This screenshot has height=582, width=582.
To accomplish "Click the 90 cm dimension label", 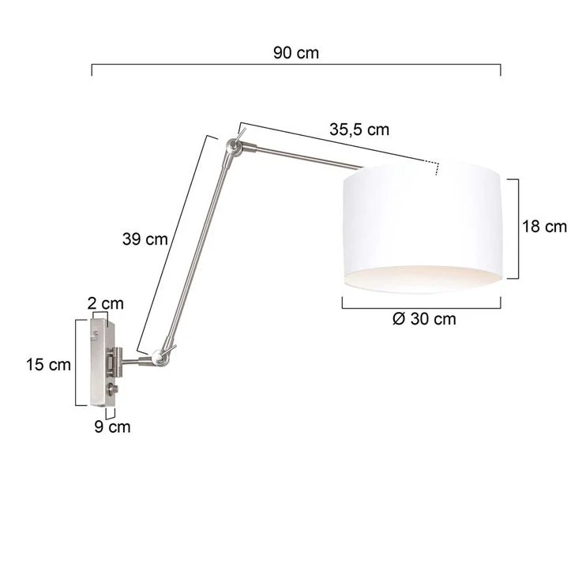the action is (296, 53).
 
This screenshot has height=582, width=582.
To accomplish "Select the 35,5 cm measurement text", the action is (359, 130).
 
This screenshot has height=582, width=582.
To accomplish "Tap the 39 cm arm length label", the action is (145, 239).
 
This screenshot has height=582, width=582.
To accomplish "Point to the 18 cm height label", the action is (545, 227).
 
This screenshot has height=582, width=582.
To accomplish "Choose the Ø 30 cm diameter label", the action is (424, 319).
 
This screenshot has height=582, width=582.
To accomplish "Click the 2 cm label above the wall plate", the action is (105, 303).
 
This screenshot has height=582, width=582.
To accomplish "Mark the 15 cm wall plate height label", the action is (48, 365).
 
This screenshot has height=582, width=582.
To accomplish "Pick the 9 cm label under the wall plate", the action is (112, 427).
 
